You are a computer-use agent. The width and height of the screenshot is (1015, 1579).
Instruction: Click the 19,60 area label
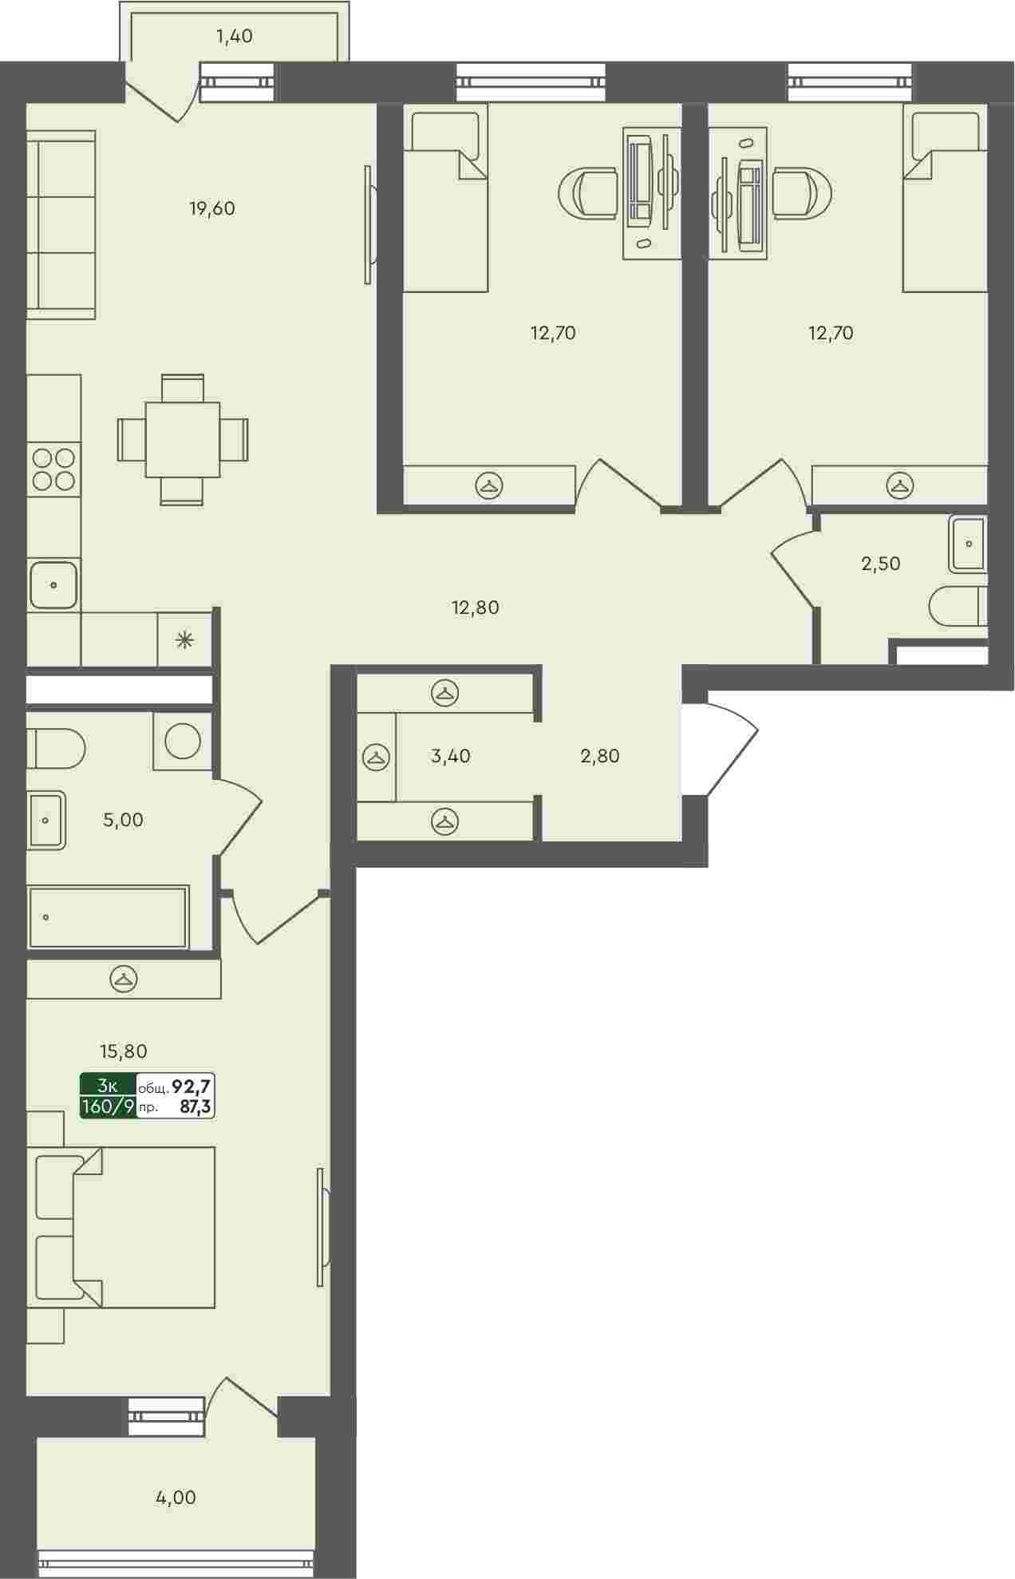coord(212,209)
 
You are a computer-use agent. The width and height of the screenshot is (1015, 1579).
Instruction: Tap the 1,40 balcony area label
coord(235,36)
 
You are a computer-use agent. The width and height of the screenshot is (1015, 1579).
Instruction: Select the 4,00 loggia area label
coord(176,1498)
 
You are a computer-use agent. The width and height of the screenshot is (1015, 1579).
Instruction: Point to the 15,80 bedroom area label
coord(124,1051)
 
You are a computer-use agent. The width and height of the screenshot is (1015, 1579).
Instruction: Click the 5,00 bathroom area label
coord(124,820)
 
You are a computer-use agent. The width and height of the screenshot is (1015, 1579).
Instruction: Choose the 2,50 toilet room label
coord(881,564)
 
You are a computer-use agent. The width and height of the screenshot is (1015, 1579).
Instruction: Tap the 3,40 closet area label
coord(451,755)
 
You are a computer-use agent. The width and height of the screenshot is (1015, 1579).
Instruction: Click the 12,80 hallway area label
coord(476,607)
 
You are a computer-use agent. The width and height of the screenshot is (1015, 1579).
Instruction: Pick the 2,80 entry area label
coord(600,755)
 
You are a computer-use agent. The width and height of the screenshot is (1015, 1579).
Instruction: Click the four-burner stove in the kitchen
coord(53,469)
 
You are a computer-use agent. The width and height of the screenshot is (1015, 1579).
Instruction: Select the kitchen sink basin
coord(53,584)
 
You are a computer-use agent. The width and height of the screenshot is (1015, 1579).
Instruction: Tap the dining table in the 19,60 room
coord(183,440)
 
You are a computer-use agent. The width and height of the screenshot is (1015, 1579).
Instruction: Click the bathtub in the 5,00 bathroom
coord(108,916)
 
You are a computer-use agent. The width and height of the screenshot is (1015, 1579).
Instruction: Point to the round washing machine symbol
coord(183,741)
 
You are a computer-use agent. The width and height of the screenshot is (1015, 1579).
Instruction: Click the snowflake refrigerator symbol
coord(185,639)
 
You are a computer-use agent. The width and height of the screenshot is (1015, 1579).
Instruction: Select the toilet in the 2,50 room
coord(958,607)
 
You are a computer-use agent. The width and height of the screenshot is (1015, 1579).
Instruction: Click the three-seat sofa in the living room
coord(61,224)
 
